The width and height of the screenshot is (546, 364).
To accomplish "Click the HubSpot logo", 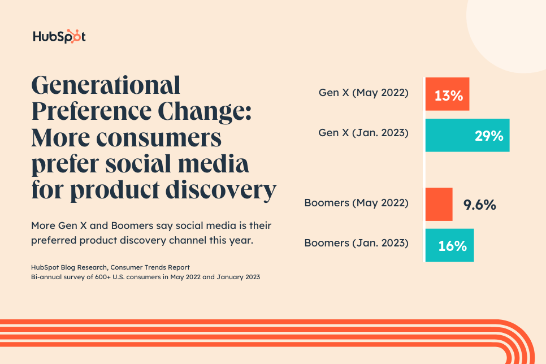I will click(59, 37).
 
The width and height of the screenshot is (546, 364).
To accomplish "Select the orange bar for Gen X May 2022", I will click(447, 94).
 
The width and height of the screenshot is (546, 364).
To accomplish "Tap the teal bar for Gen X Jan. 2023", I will click(467, 135).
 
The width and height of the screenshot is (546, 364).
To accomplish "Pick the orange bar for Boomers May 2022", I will click(439, 204).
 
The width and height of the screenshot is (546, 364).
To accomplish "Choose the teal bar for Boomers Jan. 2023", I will click(449, 245).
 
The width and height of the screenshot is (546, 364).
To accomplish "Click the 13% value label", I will click(449, 94).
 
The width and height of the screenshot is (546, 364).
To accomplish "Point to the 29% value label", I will click(489, 136).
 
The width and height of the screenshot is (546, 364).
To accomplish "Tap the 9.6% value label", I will click(479, 205).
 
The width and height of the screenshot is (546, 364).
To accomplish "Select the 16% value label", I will click(453, 246).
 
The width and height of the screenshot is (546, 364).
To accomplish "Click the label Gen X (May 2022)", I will click(363, 92).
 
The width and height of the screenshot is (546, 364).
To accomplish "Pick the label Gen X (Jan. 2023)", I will click(363, 133).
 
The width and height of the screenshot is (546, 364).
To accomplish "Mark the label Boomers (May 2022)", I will click(356, 202).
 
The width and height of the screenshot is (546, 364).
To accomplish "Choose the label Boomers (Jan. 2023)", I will click(356, 243).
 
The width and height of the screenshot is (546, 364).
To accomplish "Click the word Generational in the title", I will click(106, 86).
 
